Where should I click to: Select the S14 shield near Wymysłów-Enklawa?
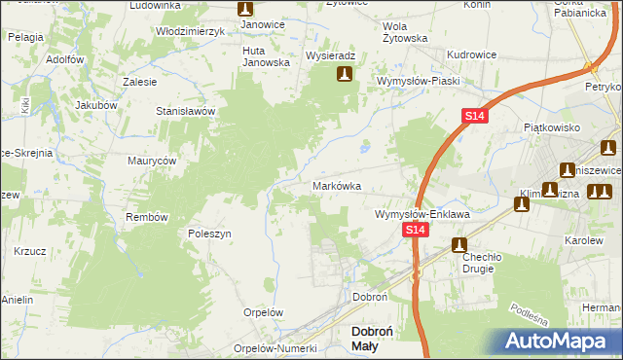(x=416, y=230)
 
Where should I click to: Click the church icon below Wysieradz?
(x=344, y=74)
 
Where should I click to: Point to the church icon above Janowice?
(x=246, y=9)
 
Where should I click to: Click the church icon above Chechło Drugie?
(x=458, y=246)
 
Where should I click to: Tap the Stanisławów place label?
(x=185, y=112)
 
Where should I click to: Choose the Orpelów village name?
(x=263, y=313)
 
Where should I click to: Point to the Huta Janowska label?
(x=267, y=56)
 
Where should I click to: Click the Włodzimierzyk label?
(x=191, y=31)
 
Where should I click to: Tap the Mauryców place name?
(x=151, y=160)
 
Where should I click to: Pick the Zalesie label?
(x=141, y=83)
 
